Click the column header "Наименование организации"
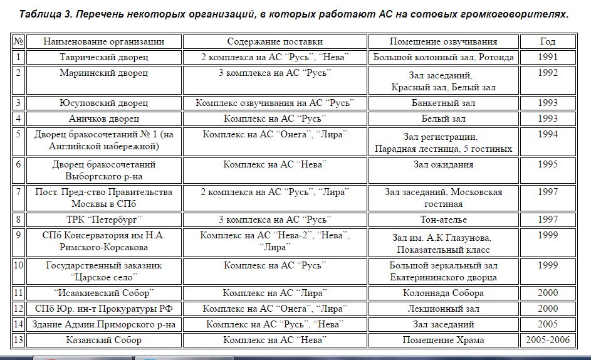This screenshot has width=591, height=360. pyautogui.click(x=103, y=41)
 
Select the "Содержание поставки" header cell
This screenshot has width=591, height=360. pyautogui.click(x=275, y=41)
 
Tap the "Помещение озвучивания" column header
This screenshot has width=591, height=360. pyautogui.click(x=443, y=41)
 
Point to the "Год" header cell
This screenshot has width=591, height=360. pyautogui.click(x=547, y=41)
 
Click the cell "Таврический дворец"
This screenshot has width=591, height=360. pyautogui.click(x=103, y=57)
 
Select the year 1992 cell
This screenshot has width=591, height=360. pyautogui.click(x=547, y=73)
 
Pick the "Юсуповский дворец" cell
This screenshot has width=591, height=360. pyautogui.click(x=103, y=103)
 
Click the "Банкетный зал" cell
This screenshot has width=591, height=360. pyautogui.click(x=443, y=103)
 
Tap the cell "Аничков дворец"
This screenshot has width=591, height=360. pyautogui.click(x=103, y=119)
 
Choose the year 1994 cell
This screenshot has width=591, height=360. pyautogui.click(x=547, y=134)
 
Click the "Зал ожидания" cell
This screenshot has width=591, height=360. pyautogui.click(x=443, y=164)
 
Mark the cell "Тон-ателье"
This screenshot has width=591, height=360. pyautogui.click(x=443, y=220)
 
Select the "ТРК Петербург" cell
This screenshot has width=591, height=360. pyautogui.click(x=103, y=220)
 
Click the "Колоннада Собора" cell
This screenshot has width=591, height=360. pyautogui.click(x=443, y=293)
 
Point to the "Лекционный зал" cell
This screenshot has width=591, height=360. pyautogui.click(x=443, y=309)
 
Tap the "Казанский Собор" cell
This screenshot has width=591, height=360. pyautogui.click(x=103, y=340)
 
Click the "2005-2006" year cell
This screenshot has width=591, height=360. pyautogui.click(x=547, y=340)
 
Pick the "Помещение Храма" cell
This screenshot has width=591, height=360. pyautogui.click(x=443, y=340)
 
